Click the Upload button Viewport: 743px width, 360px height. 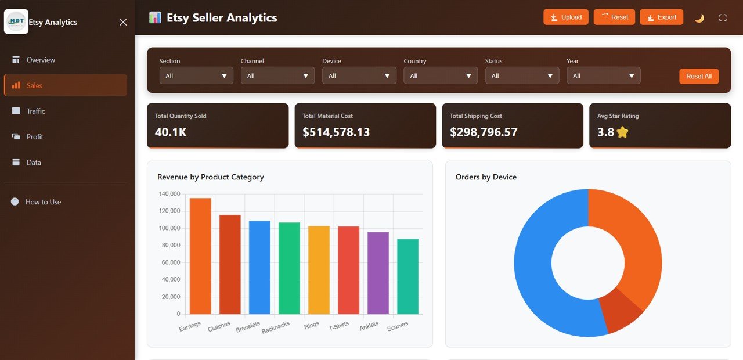click(x=566, y=17)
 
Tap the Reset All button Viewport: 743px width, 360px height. click(x=699, y=76)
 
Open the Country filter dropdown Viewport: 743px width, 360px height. click(x=441, y=75)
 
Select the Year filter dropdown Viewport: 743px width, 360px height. click(x=603, y=75)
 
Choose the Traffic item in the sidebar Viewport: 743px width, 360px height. click(x=35, y=111)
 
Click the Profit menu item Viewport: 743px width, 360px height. click(x=35, y=136)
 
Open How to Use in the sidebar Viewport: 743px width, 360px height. click(x=43, y=202)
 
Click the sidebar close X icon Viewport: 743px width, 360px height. click(x=123, y=22)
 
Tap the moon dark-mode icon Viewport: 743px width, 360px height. click(x=699, y=18)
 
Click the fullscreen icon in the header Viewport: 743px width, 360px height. click(x=723, y=18)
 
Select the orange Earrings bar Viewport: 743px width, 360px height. click(x=200, y=255)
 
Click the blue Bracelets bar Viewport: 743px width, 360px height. click(x=259, y=267)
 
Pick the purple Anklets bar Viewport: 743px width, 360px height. click(x=378, y=273)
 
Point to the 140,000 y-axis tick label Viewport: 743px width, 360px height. click(x=169, y=194)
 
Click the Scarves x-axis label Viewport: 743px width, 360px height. click(x=398, y=326)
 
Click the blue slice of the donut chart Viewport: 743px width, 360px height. click(x=540, y=279)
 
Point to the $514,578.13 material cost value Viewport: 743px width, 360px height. click(x=336, y=132)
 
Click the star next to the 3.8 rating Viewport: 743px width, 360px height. click(x=622, y=132)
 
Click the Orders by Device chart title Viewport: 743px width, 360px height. click(x=486, y=177)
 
